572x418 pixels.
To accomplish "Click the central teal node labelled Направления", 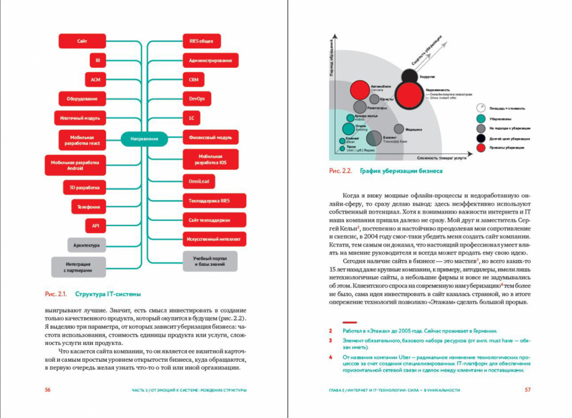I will click(144, 139).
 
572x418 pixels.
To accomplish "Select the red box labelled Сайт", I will click(82, 41).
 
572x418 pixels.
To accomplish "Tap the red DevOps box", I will click(197, 99).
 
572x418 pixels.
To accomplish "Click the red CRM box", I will click(193, 80).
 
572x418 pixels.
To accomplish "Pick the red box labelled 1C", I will click(190, 118).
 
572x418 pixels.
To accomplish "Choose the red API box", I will click(95, 226).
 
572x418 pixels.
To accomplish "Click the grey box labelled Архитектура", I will click(86, 245).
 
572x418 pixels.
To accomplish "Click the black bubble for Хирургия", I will click(409, 77).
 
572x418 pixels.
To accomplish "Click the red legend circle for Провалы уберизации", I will click(480, 148).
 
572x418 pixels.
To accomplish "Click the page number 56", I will click(48, 390).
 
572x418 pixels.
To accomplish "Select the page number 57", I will click(527, 390).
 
